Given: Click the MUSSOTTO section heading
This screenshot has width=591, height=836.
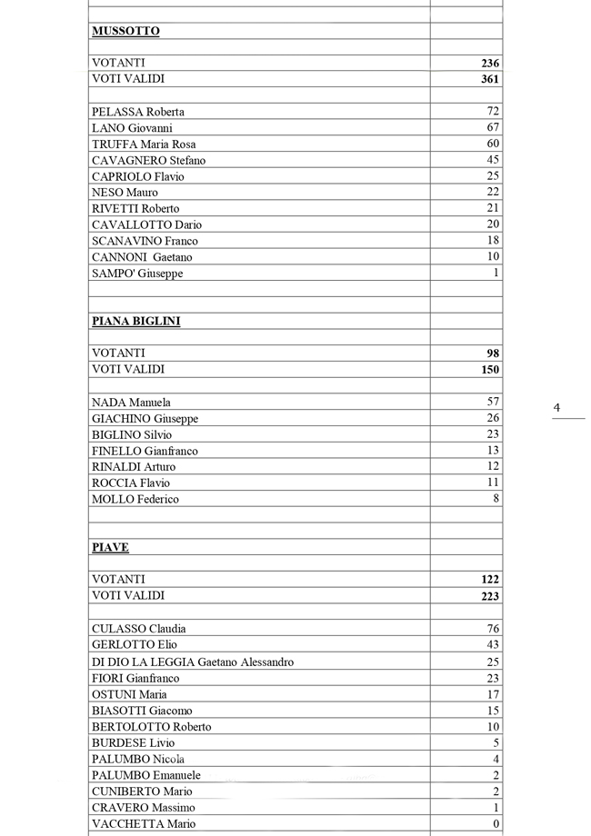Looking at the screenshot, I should click(x=125, y=31).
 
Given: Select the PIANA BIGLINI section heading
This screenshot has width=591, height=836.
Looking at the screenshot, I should click(x=135, y=321).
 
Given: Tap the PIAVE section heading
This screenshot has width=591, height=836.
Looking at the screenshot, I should click(x=110, y=547).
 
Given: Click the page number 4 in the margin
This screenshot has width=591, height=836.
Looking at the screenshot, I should click(x=556, y=408).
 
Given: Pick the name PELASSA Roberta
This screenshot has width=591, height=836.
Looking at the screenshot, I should click(x=137, y=112).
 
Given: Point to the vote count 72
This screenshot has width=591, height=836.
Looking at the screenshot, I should click(x=493, y=111).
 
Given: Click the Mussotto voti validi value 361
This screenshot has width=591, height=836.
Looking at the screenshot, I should click(x=490, y=79).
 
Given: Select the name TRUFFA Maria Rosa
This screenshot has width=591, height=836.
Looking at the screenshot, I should click(x=144, y=144).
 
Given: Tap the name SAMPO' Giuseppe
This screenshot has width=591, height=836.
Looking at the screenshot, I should click(x=137, y=273).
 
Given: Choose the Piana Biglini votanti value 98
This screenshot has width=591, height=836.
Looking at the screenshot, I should click(x=493, y=353).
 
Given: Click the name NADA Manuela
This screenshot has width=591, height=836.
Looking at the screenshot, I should click(x=131, y=402).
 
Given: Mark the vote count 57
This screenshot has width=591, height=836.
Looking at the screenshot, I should click(x=493, y=401).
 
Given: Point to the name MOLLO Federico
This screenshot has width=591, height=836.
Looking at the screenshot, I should click(x=135, y=499).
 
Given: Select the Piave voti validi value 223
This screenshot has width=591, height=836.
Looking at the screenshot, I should click(x=490, y=595).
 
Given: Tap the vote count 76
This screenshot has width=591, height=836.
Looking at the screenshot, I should click(x=493, y=628).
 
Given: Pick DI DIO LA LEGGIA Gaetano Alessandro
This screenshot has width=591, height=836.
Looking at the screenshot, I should click(x=193, y=662).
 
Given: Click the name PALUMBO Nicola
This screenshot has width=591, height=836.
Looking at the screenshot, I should click(x=138, y=759).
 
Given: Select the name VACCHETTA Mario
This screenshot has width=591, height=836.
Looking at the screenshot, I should click(x=144, y=823).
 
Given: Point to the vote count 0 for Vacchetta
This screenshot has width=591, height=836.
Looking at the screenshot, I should click(x=496, y=823).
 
